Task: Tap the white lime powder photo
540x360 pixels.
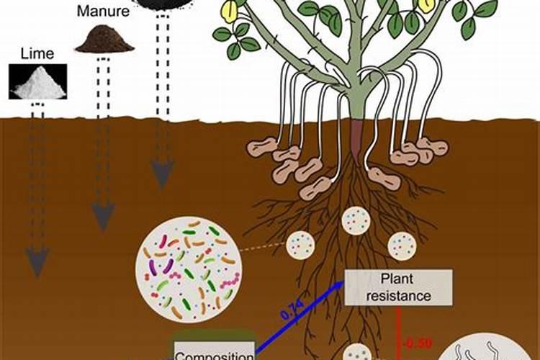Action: [38, 81]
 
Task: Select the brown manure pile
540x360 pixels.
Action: [105, 39]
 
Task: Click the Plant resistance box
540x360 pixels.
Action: [398, 287]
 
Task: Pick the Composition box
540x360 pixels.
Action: [214, 352]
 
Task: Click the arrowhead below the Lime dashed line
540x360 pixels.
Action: [37, 260]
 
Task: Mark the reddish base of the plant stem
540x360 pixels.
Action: [357, 133]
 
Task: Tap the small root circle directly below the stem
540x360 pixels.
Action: [355, 220]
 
